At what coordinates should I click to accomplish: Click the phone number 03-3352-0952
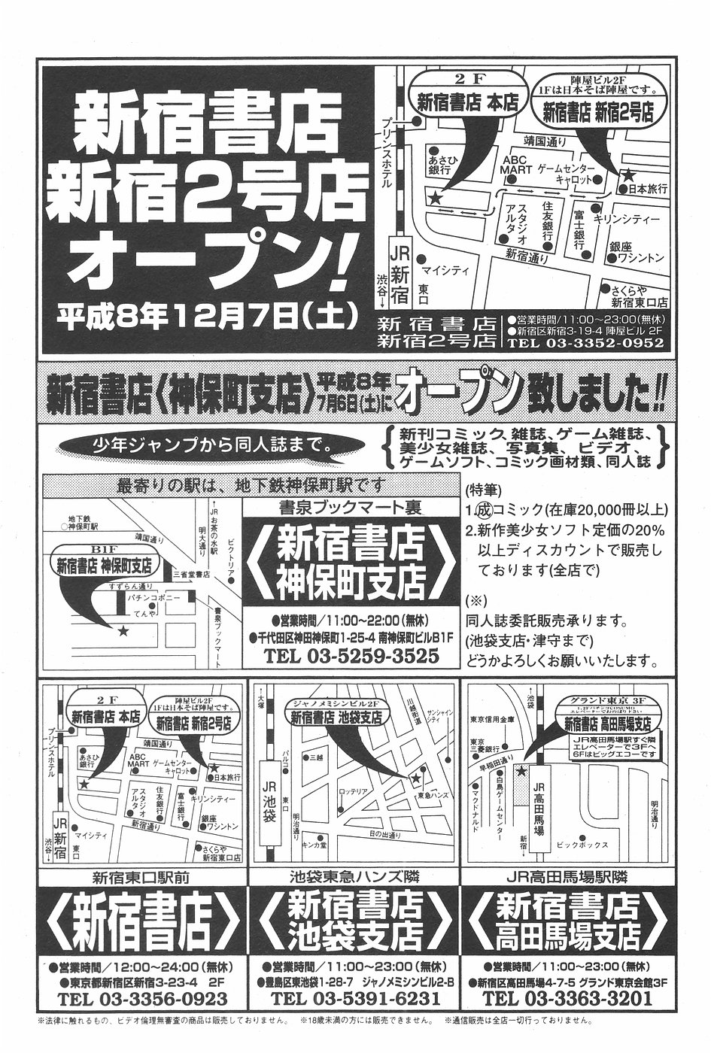586,343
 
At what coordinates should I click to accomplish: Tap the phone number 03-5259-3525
351,656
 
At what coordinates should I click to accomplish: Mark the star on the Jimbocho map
123,630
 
